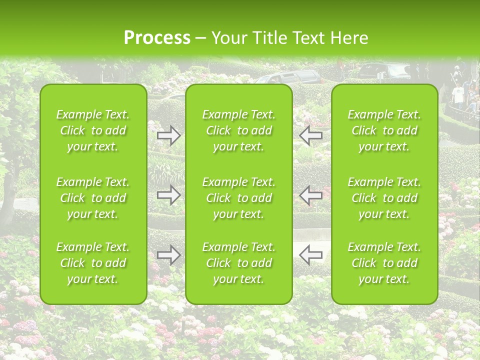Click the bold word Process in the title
(x=157, y=38)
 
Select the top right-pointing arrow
(x=169, y=135)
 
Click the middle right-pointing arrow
(x=169, y=195)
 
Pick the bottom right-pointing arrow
(x=169, y=255)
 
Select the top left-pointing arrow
(x=311, y=135)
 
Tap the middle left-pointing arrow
(x=311, y=195)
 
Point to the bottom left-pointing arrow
(x=311, y=255)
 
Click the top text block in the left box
(x=93, y=130)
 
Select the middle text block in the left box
(x=93, y=198)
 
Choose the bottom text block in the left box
(x=93, y=263)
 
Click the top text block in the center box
(x=239, y=130)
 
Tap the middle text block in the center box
(x=239, y=198)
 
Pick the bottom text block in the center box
(x=239, y=263)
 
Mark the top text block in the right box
(x=384, y=130)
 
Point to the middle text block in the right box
(x=384, y=198)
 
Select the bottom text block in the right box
(x=384, y=263)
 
